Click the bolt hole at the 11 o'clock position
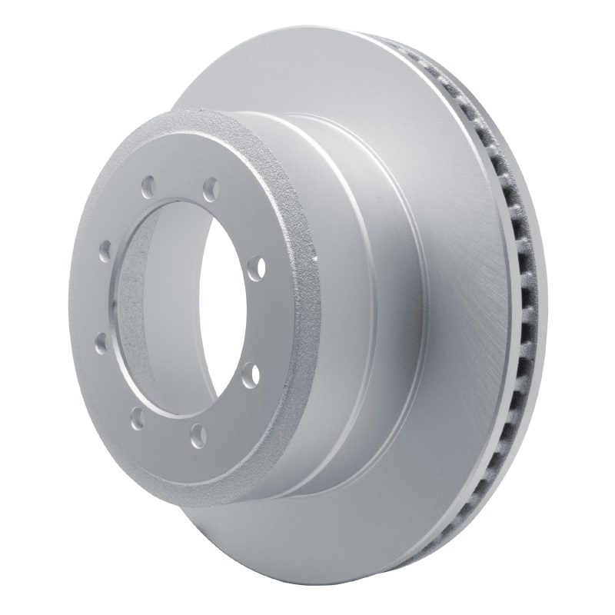pos(148,187)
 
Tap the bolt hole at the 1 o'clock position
pos(210,188)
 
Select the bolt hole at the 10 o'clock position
pos(105,251)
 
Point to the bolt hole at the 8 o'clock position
pos(100,343)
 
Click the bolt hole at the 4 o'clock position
pos(250,375)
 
